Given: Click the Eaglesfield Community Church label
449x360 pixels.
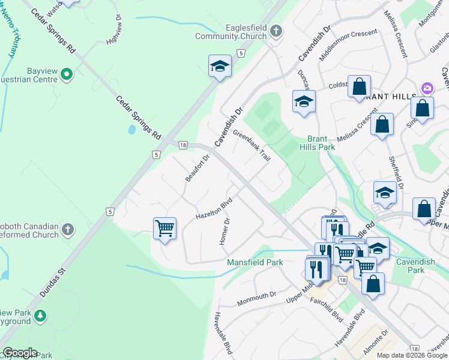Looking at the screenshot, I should tap(231, 32).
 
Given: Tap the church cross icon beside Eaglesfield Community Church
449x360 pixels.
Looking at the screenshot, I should tap(276, 31).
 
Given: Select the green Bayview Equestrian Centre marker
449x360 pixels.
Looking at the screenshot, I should tap(67, 74).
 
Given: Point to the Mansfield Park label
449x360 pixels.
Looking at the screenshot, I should tap(255, 262).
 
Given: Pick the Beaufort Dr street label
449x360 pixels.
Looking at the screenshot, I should tap(197, 169).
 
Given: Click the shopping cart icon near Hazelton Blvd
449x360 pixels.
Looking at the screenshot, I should tap(164, 229).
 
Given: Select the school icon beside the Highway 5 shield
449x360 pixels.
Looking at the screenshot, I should tap(220, 66).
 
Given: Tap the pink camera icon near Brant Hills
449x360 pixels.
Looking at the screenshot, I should tap(427, 88).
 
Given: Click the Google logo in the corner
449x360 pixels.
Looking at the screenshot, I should tap(19, 353).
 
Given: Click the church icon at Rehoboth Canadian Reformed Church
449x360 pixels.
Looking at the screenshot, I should tap(68, 229).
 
